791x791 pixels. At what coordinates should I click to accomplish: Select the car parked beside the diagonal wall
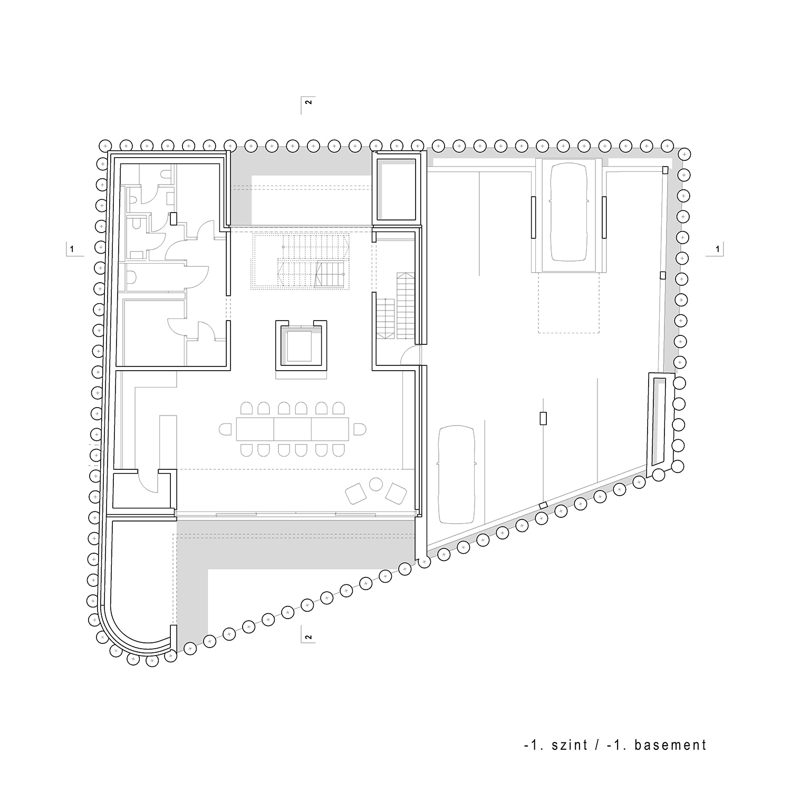[x=459, y=475]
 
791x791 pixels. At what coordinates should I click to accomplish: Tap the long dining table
[x=293, y=429]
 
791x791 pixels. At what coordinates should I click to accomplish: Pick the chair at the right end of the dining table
[x=360, y=429]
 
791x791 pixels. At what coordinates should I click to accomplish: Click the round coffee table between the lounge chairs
[x=377, y=484]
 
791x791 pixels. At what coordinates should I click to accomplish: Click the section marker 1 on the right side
[x=717, y=248]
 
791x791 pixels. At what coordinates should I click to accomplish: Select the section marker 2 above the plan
[x=308, y=102]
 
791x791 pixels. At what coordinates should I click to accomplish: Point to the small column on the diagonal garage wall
[x=543, y=506]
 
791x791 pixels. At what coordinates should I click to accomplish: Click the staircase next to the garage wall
[x=396, y=306]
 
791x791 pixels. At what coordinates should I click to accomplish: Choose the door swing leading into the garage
[x=410, y=357]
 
